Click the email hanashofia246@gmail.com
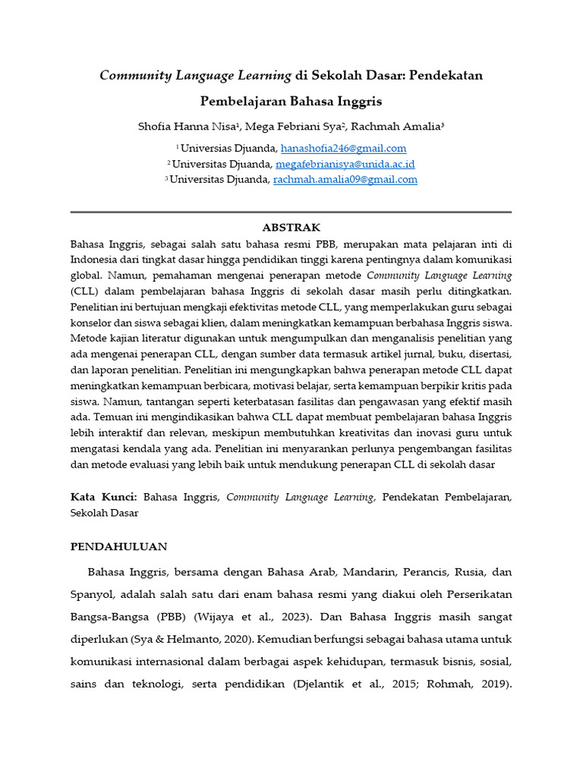343,149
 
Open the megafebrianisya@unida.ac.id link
345,164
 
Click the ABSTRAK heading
291,228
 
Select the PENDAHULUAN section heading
118,546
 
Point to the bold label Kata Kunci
103,497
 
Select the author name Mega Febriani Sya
298,125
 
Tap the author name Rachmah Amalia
398,125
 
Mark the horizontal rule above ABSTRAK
291,212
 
